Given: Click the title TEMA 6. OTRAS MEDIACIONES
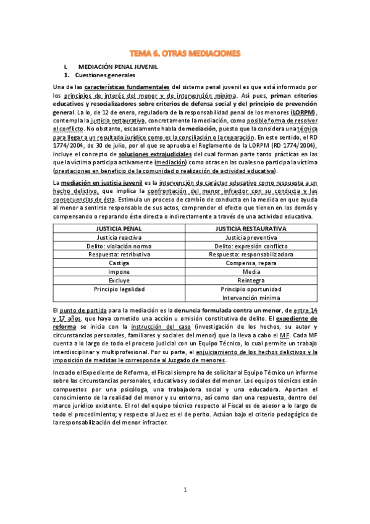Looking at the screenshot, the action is (185, 54).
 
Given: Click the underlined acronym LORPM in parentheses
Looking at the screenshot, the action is (302, 113).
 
